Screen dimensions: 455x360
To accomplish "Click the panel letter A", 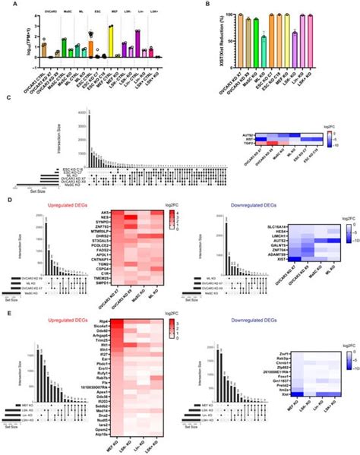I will coord(7,4).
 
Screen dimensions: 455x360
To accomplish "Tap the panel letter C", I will coord(7,97).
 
